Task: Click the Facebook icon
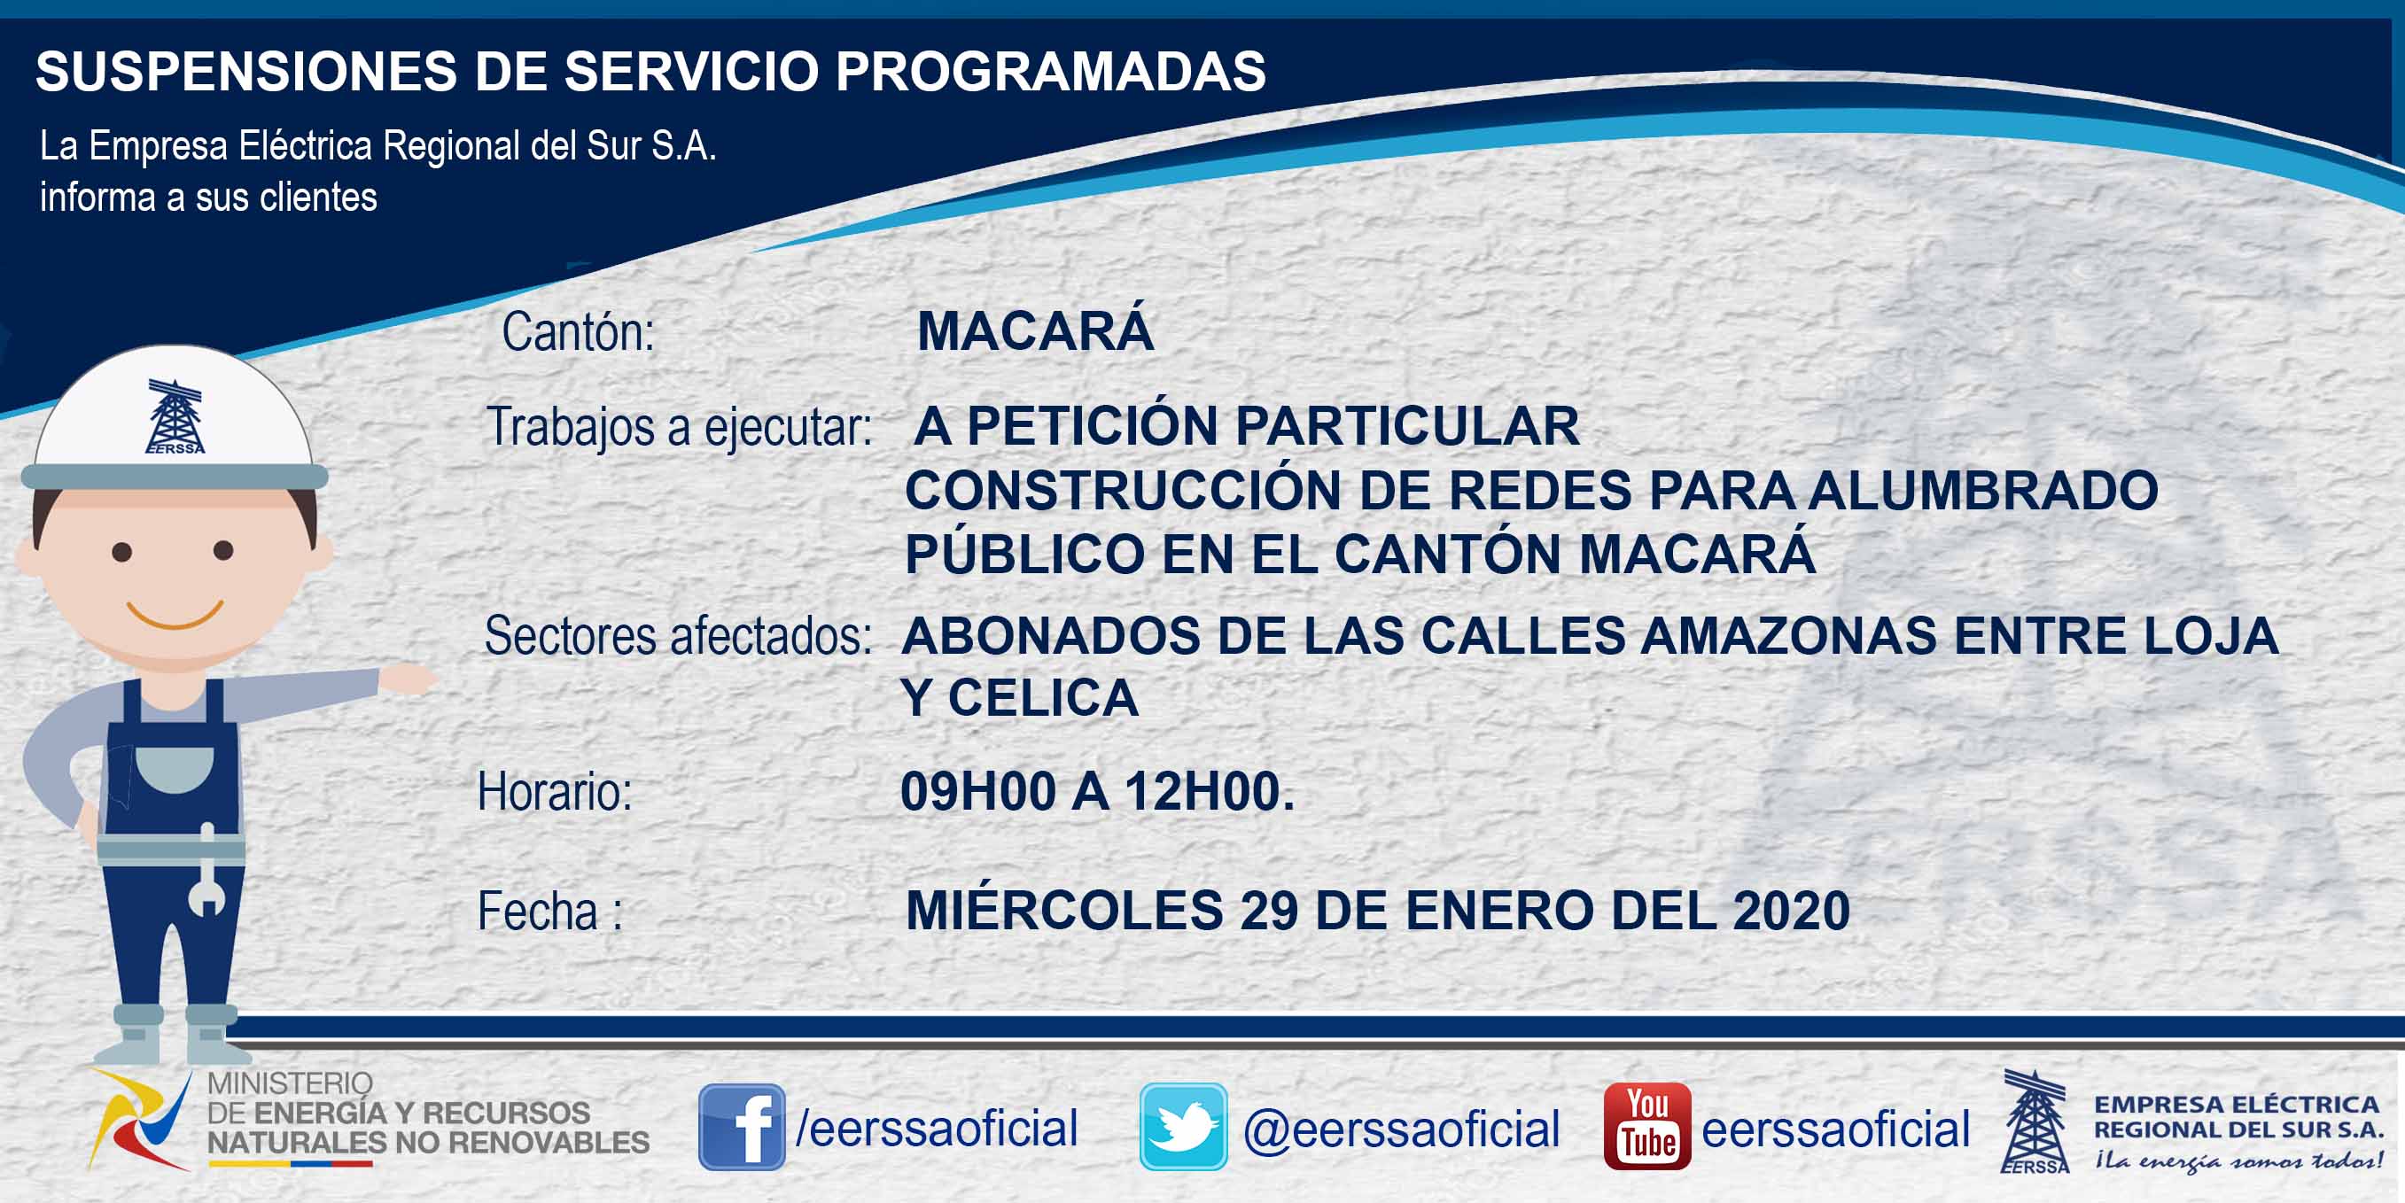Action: tap(742, 1127)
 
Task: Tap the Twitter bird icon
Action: tap(1183, 1127)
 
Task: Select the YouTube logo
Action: tap(1646, 1127)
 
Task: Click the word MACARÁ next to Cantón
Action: tap(1035, 330)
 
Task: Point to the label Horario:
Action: tap(555, 791)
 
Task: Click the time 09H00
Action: tap(977, 791)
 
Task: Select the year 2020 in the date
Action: tap(1791, 910)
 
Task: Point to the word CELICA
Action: tap(1043, 698)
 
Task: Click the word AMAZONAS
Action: tap(1788, 635)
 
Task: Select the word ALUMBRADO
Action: tap(1983, 490)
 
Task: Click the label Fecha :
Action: tap(550, 911)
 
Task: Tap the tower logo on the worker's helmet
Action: tap(175, 416)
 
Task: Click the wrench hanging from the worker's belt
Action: tap(206, 870)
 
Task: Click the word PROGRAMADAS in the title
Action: tap(1050, 71)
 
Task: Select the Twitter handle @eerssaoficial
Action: tap(1401, 1129)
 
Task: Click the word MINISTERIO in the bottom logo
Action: tap(290, 1083)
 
